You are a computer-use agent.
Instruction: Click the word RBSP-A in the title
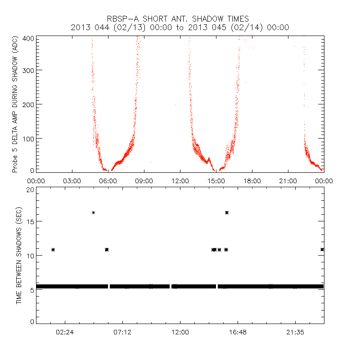121,19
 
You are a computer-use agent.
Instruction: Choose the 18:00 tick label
252,180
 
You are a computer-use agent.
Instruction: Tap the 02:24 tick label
65,332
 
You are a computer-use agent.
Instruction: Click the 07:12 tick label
123,332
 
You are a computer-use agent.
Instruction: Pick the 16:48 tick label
238,332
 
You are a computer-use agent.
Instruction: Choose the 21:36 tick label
295,332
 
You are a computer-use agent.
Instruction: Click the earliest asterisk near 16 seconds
93,212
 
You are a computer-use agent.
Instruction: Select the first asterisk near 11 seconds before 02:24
53,249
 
